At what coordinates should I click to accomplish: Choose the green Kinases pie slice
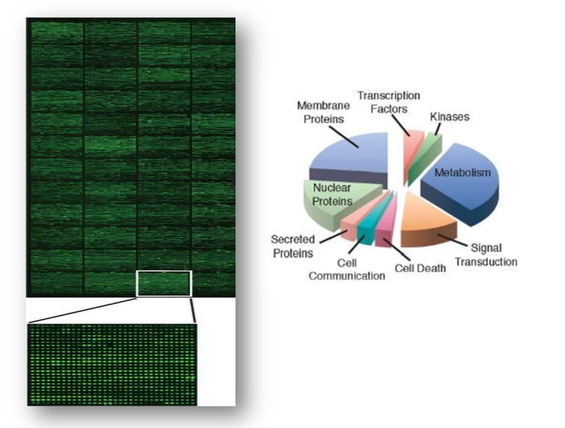(425, 159)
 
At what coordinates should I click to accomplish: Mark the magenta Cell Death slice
(386, 227)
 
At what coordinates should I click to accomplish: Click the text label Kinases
(450, 117)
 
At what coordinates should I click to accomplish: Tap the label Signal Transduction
(486, 255)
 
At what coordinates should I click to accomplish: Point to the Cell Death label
(420, 268)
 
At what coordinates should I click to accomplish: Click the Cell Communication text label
(347, 269)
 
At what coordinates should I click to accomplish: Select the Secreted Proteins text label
(292, 246)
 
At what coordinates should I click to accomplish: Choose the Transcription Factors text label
(389, 102)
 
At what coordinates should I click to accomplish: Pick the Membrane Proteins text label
(323, 112)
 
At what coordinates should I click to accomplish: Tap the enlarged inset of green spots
(112, 364)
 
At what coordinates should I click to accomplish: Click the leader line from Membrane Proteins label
(344, 138)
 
